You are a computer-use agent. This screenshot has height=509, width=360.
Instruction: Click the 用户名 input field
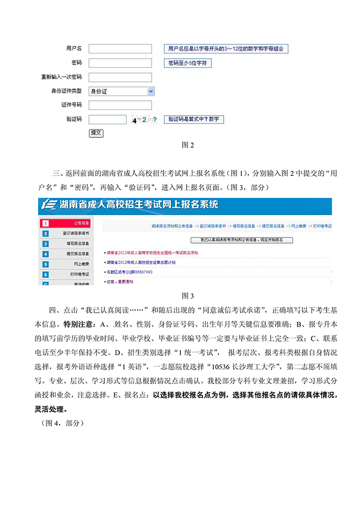(x=120, y=49)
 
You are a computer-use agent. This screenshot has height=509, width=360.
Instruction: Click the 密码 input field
(x=120, y=63)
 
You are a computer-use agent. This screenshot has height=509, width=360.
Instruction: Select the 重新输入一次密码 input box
(x=120, y=77)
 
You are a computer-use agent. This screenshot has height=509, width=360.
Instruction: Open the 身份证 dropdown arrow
(x=151, y=91)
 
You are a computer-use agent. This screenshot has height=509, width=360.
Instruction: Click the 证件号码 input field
(x=120, y=105)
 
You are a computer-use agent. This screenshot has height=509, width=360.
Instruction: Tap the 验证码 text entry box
(x=107, y=119)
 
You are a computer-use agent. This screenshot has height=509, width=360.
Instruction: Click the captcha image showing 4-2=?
(x=143, y=120)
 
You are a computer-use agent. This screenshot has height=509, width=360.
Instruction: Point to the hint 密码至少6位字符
(x=188, y=63)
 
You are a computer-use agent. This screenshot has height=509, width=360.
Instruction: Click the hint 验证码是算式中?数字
(x=194, y=119)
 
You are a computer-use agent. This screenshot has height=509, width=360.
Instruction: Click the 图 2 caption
(x=188, y=145)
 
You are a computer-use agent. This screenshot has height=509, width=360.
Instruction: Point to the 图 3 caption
(x=188, y=296)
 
